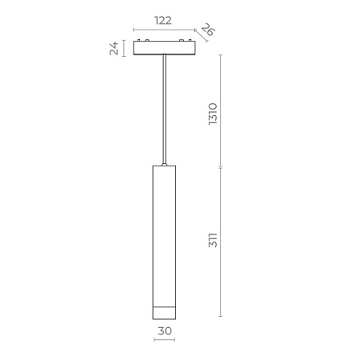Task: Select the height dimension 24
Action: pos(114,49)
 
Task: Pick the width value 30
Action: pos(164,330)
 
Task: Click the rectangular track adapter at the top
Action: pos(163,48)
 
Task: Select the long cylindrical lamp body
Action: pos(164,232)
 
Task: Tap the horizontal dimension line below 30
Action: pos(164,340)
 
